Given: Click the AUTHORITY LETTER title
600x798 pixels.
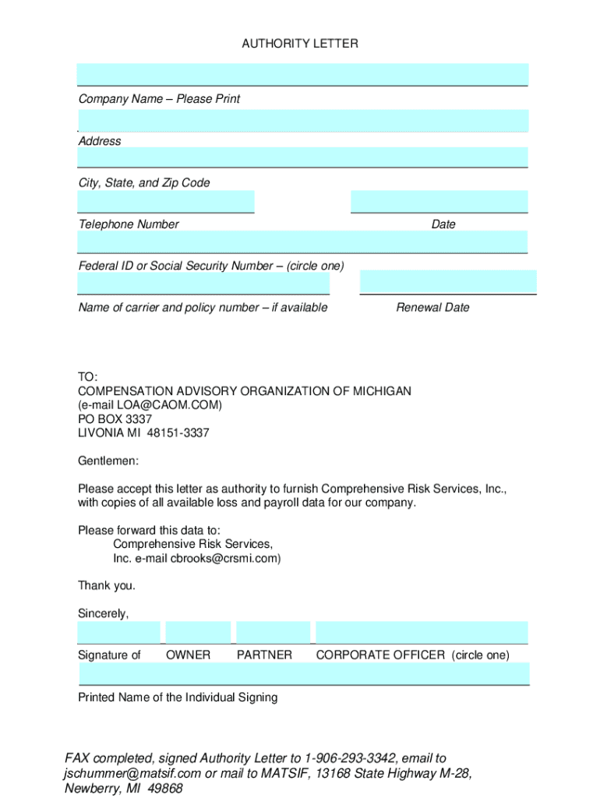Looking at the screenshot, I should pyautogui.click(x=300, y=44).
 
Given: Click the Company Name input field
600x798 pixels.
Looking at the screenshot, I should pyautogui.click(x=302, y=75).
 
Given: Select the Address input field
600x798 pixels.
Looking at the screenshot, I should pyautogui.click(x=302, y=121).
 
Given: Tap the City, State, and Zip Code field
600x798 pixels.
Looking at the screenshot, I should pyautogui.click(x=302, y=157).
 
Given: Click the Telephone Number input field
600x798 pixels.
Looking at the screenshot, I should pyautogui.click(x=165, y=201).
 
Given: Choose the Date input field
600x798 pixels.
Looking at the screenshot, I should pyautogui.click(x=439, y=201).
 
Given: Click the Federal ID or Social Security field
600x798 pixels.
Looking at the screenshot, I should pyautogui.click(x=302, y=242).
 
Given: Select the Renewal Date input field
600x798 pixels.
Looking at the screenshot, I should pyautogui.click(x=448, y=281).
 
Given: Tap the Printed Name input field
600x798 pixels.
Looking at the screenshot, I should pyautogui.click(x=304, y=673).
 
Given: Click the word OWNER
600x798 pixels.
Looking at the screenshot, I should pyautogui.click(x=188, y=655).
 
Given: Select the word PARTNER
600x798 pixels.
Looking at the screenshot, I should pyautogui.click(x=264, y=655).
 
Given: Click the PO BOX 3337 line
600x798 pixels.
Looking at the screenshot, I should pyautogui.click(x=115, y=419).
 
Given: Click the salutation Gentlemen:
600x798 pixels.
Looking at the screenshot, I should pyautogui.click(x=108, y=461).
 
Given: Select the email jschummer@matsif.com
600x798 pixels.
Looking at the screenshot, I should pyautogui.click(x=132, y=773).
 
